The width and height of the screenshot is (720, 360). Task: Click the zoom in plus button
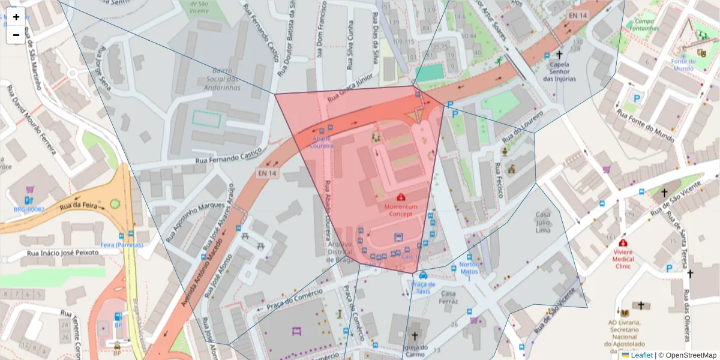(x=16, y=17)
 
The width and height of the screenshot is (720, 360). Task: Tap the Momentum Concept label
(x=400, y=210)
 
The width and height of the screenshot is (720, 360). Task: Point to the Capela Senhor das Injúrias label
(x=559, y=71)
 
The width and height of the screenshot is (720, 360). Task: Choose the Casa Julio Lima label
(x=542, y=222)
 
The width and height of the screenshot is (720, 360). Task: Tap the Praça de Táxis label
(x=423, y=287)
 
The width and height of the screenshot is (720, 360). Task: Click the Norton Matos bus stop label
(x=469, y=268)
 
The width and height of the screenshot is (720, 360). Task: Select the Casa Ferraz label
(x=449, y=297)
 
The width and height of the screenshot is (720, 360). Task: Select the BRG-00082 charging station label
(x=29, y=209)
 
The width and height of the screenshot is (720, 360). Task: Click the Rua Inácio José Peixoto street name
(x=62, y=253)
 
